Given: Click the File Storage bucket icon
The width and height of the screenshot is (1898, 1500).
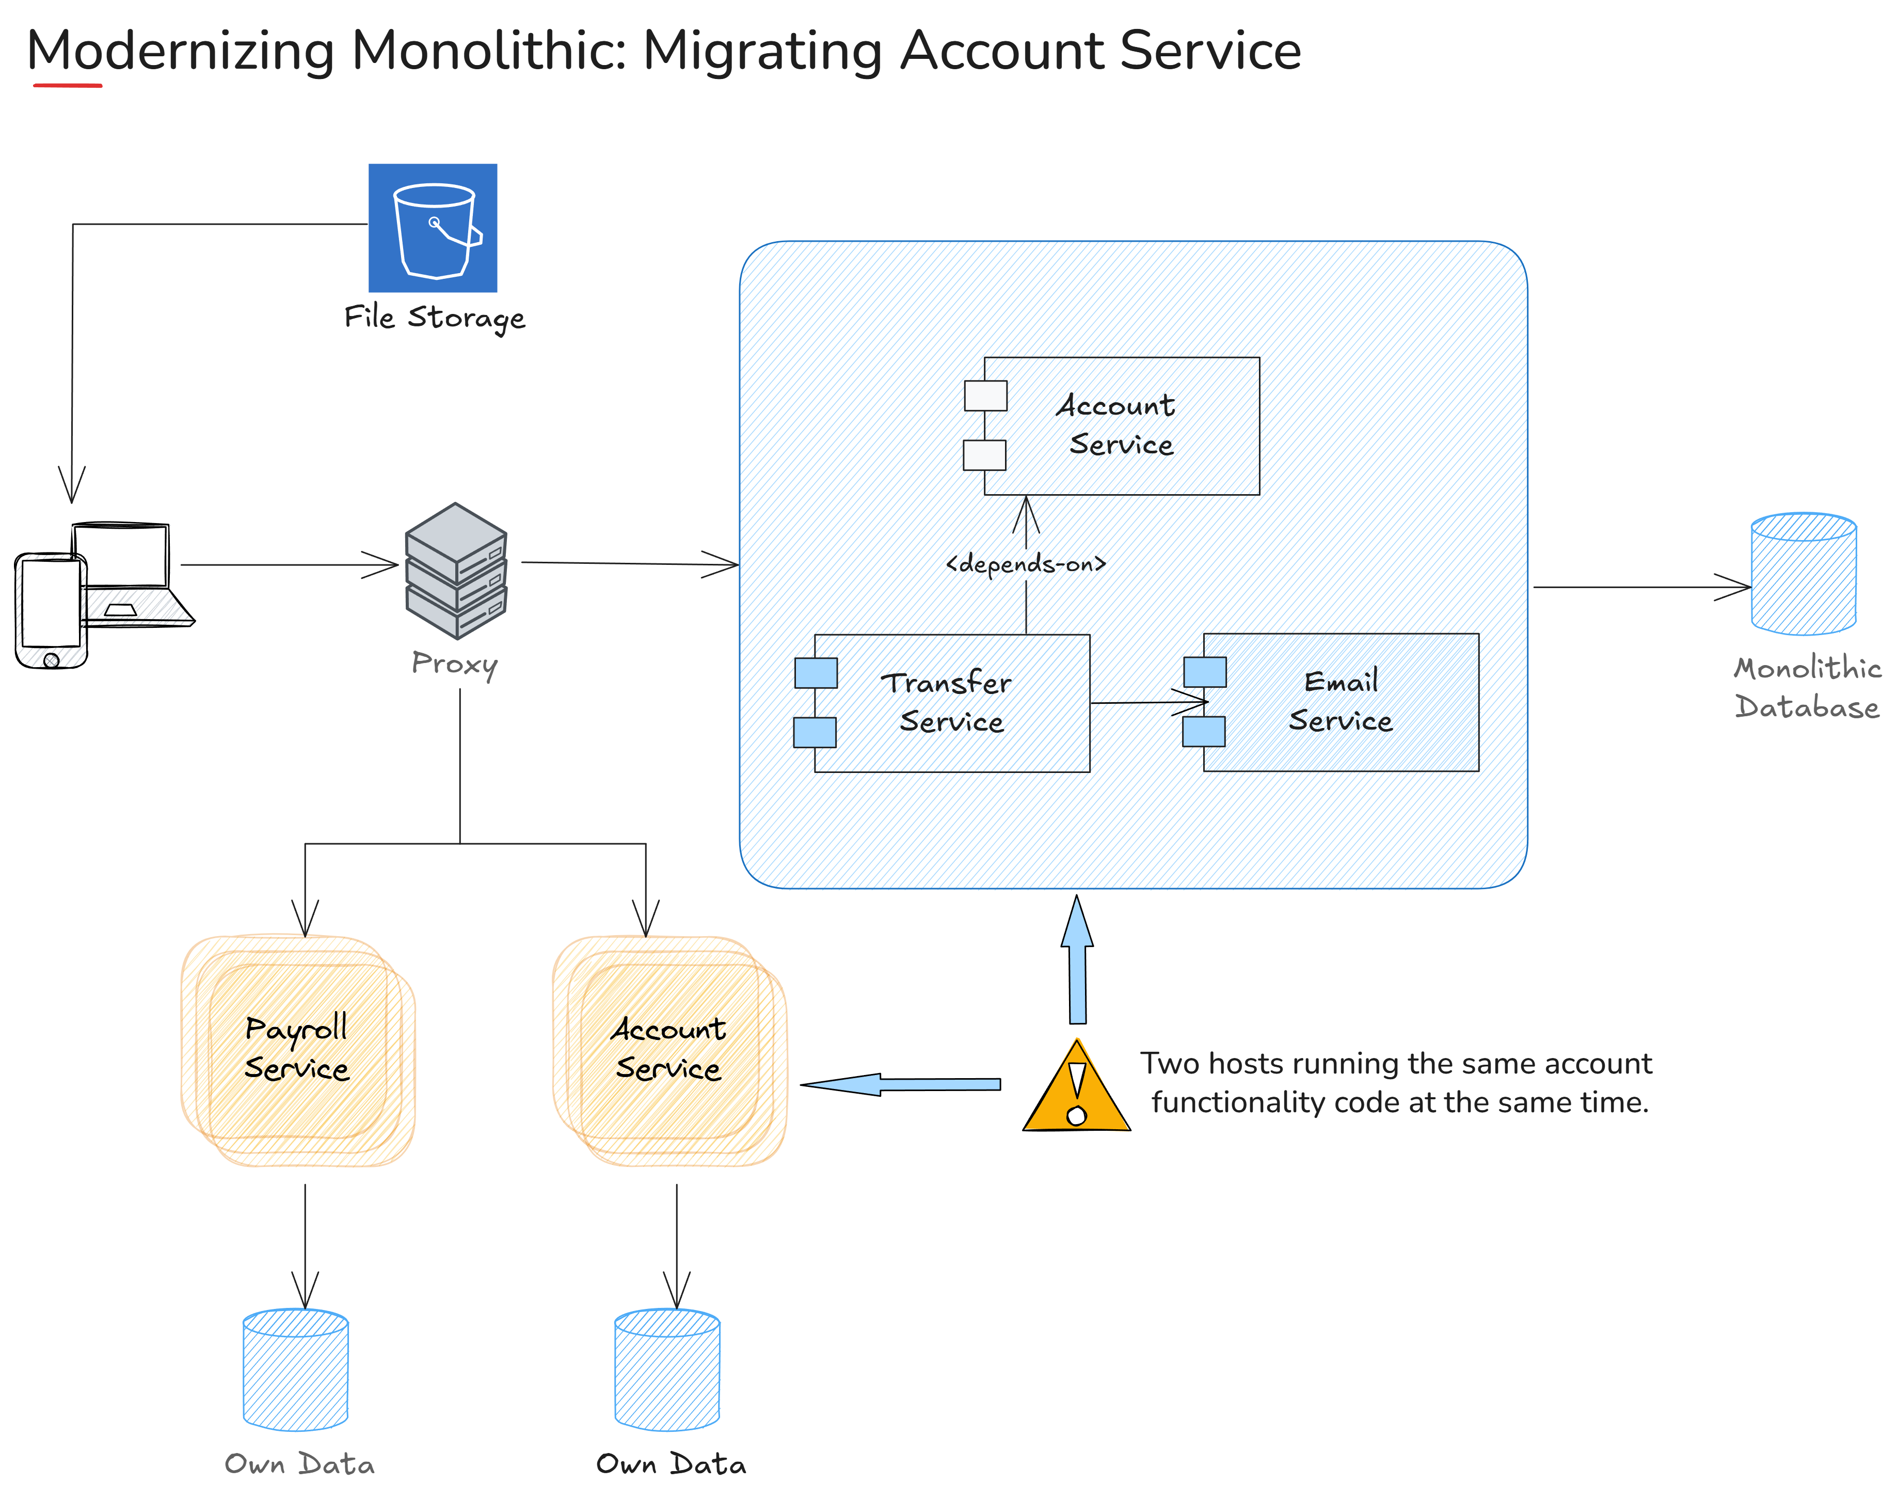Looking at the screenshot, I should [432, 228].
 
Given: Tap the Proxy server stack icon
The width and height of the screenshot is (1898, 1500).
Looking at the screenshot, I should [456, 571].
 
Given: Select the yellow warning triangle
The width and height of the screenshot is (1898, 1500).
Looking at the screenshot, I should [1076, 1089].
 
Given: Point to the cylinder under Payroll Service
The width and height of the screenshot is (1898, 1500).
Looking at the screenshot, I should [296, 1369].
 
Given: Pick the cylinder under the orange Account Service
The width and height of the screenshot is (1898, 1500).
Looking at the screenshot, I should [667, 1369].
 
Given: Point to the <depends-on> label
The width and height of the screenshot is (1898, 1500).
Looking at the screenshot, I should [1025, 563].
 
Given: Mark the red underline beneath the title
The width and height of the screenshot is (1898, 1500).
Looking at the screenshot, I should [68, 85].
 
